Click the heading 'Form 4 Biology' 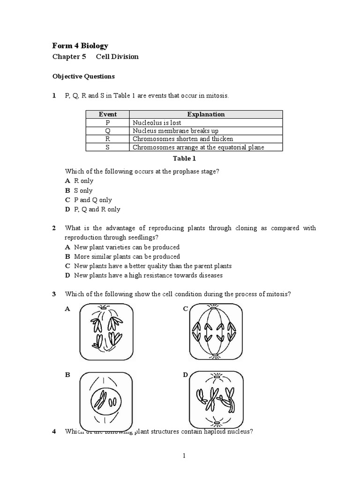tap(80, 45)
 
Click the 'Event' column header tap(108, 114)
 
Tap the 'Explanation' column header tap(206, 114)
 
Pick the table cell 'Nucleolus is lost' tap(157, 122)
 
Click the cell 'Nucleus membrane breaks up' tap(175, 131)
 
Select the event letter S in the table tap(108, 147)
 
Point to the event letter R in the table tap(108, 139)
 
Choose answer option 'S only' tap(83, 190)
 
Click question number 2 tap(54, 228)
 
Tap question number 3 tap(54, 294)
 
